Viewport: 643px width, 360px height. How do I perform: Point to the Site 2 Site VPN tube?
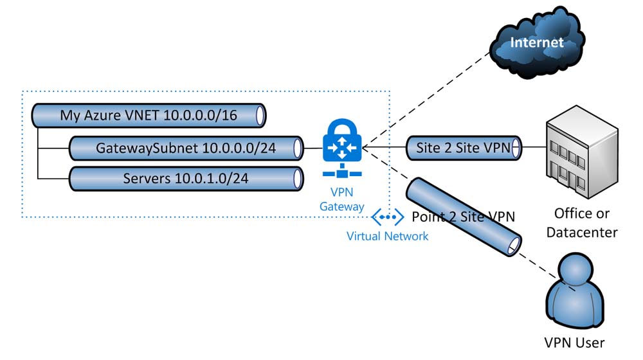464,148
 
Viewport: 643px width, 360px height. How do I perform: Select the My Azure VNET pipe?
149,116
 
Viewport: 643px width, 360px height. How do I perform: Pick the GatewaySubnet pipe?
186,148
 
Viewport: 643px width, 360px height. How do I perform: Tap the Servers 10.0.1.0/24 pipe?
186,177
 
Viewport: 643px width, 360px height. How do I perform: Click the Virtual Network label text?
387,236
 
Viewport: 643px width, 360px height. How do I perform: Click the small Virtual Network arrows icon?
387,217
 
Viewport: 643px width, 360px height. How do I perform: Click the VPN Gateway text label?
342,199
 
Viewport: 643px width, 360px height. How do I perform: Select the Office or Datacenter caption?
581,222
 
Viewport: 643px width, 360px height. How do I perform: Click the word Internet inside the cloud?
536,43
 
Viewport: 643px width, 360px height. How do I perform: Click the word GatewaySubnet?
147,148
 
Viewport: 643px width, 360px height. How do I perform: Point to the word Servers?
147,177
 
